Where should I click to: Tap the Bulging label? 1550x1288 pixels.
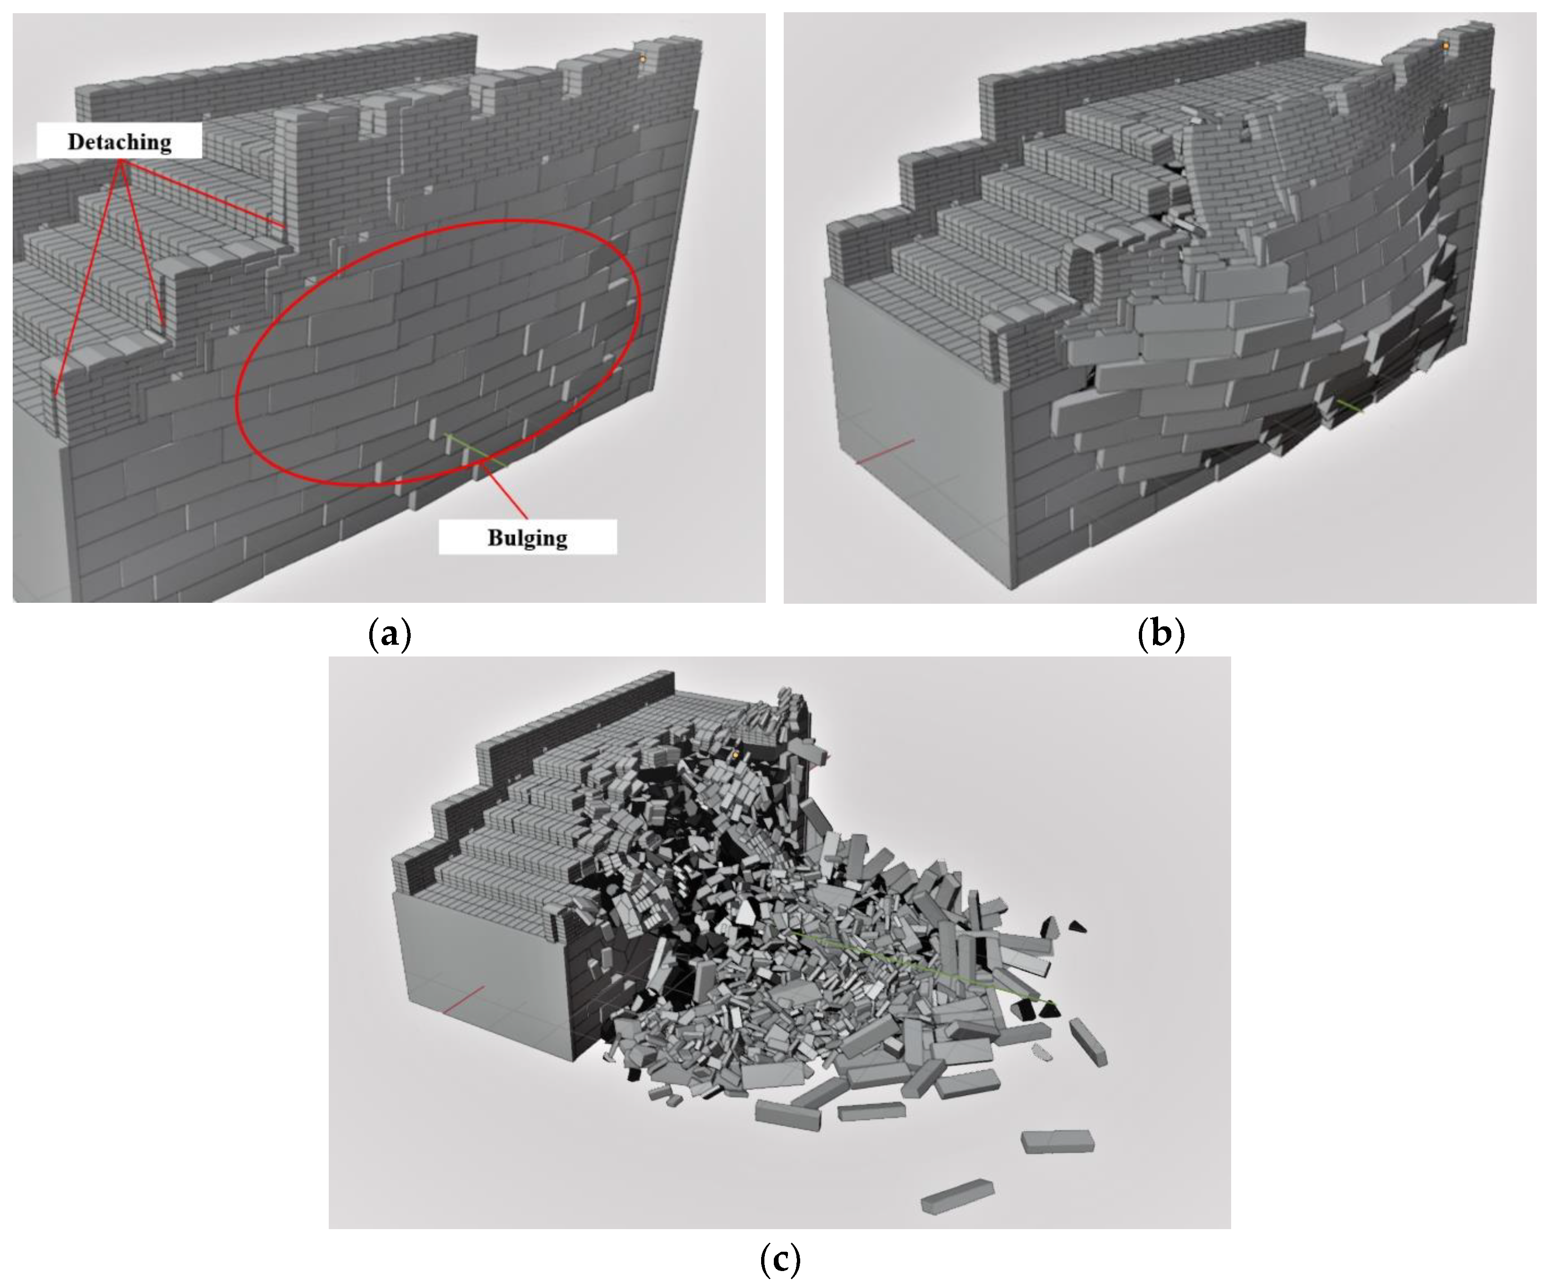click(x=527, y=537)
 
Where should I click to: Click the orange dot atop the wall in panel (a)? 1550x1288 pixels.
click(x=642, y=59)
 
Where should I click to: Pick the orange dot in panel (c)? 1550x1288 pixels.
click(x=735, y=754)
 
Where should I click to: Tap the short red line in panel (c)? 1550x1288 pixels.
click(x=463, y=999)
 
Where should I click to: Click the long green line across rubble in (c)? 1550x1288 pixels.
click(x=923, y=967)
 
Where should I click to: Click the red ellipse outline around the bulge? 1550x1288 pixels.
click(x=236, y=398)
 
